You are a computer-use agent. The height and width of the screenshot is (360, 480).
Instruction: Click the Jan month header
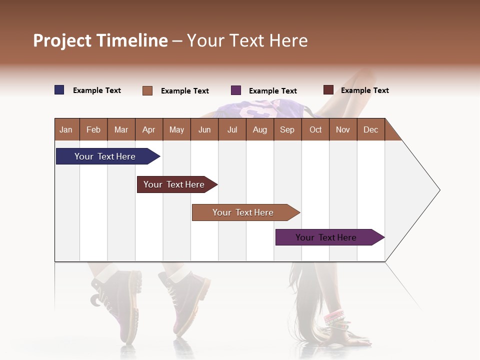click(x=66, y=129)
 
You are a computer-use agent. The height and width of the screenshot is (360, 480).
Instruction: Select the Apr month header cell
click(x=148, y=129)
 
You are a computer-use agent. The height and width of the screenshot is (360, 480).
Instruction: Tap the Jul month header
click(x=232, y=129)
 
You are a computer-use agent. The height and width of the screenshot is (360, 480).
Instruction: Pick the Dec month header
click(x=370, y=129)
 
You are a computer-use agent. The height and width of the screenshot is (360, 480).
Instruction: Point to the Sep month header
click(x=287, y=129)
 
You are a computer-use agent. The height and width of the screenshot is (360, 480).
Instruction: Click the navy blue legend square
click(x=59, y=90)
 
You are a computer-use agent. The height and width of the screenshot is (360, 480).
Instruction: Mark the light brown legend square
click(x=147, y=90)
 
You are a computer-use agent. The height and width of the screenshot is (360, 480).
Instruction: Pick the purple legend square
click(x=236, y=90)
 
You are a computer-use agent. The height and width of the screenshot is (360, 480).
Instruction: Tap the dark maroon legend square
click(x=328, y=90)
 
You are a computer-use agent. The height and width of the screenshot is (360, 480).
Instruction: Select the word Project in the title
click(x=63, y=40)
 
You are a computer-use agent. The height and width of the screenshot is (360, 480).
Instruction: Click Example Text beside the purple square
click(x=272, y=91)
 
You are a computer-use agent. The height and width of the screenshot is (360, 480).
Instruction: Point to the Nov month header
click(x=342, y=129)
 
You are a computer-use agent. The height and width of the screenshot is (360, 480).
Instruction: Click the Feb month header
click(x=93, y=129)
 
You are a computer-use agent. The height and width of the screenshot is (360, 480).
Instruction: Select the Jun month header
click(x=204, y=129)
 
